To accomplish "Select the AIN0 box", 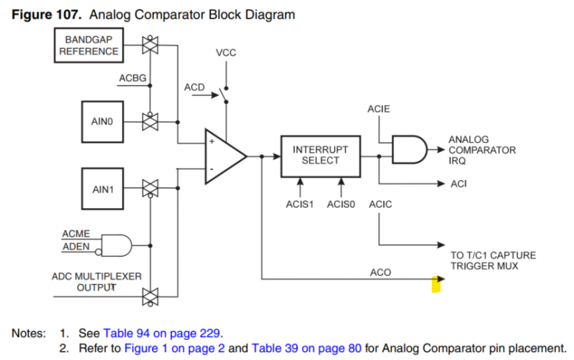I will [x=101, y=121].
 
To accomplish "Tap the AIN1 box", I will [x=101, y=189].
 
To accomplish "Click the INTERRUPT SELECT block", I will [x=320, y=155].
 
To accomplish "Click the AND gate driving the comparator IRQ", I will [x=408, y=149].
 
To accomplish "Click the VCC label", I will [x=225, y=54].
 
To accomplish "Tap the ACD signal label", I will [x=194, y=87].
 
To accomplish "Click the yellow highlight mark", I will [x=435, y=285].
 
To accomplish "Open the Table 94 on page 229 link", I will [x=162, y=333].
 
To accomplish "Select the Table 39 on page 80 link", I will [x=306, y=348].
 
